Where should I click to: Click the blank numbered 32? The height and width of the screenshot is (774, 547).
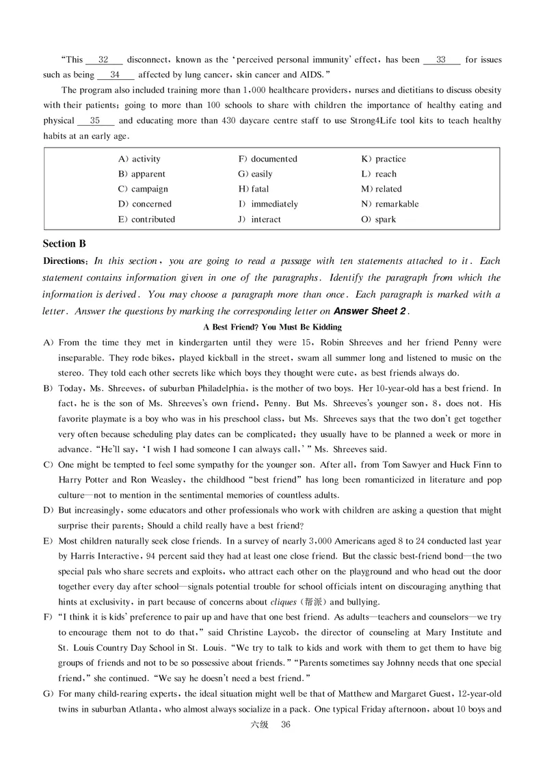pyautogui.click(x=104, y=60)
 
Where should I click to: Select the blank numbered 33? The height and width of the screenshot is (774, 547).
pyautogui.click(x=441, y=60)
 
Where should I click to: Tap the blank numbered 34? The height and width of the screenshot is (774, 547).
pyautogui.click(x=115, y=75)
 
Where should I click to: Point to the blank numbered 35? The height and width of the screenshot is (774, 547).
pyautogui.click(x=95, y=121)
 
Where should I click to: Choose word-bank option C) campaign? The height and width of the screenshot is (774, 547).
pyautogui.click(x=143, y=189)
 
